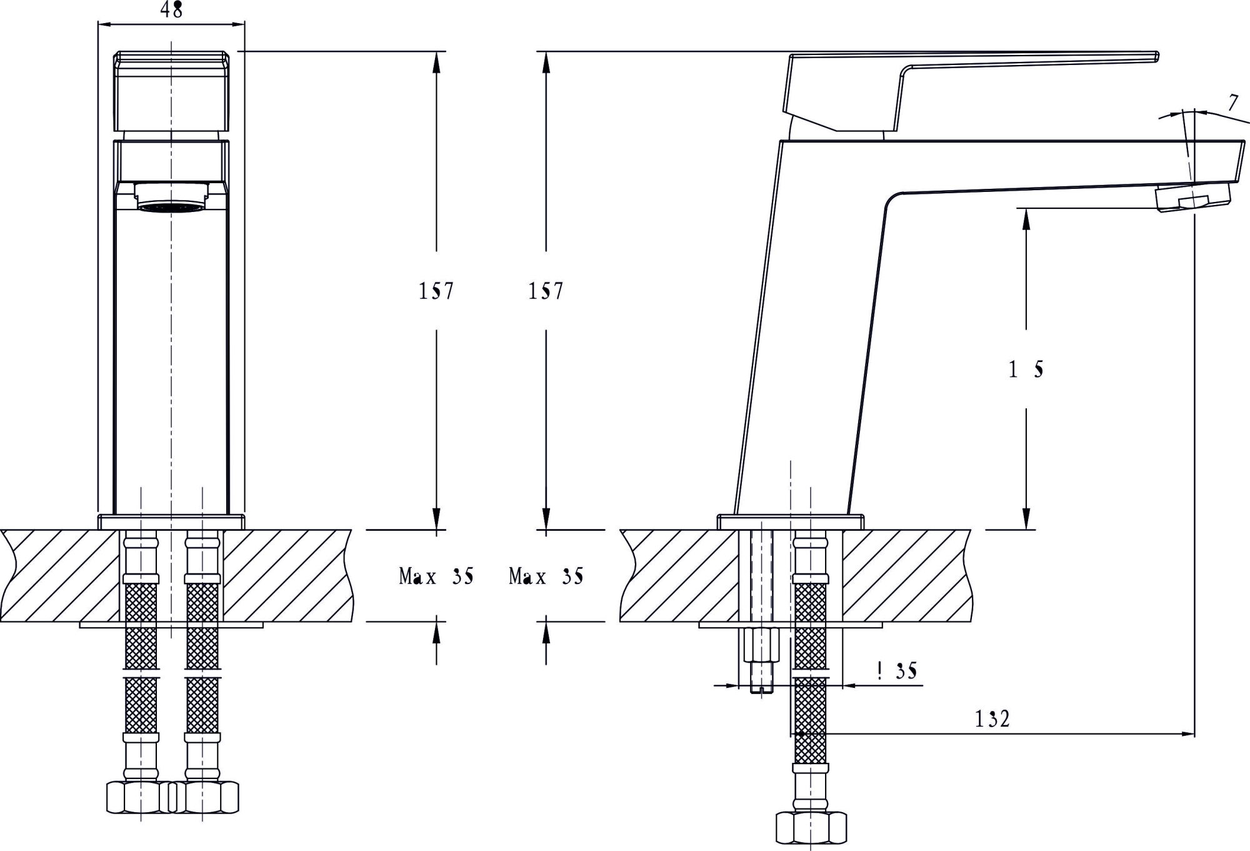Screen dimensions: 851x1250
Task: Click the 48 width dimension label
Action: [x=171, y=10]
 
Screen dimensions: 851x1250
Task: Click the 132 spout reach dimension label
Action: [x=992, y=719]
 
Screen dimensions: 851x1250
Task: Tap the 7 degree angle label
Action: [x=1232, y=103]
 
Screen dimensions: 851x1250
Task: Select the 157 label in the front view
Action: [x=436, y=291]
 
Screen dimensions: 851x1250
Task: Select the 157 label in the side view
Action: [x=546, y=291]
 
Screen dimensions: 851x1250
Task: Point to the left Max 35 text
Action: [x=436, y=577]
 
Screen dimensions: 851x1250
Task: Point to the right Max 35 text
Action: [x=546, y=577]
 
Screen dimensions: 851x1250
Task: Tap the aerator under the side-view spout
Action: [x=1192, y=198]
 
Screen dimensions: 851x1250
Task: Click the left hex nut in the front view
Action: [x=139, y=797]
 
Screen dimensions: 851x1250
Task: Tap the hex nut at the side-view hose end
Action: [x=811, y=827]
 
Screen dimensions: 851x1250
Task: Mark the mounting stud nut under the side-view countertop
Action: [x=761, y=645]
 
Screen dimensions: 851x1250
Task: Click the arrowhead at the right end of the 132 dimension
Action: [x=1189, y=733]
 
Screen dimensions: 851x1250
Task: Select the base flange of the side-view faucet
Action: [x=791, y=521]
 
